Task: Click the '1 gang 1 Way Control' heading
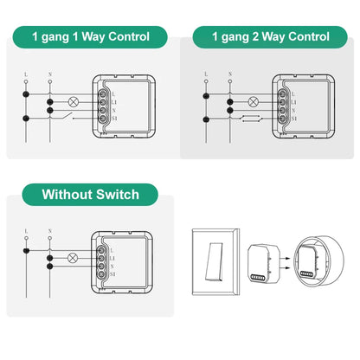90,36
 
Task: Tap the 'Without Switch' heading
90,192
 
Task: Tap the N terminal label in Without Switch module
114,267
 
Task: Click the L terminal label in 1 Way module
114,92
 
